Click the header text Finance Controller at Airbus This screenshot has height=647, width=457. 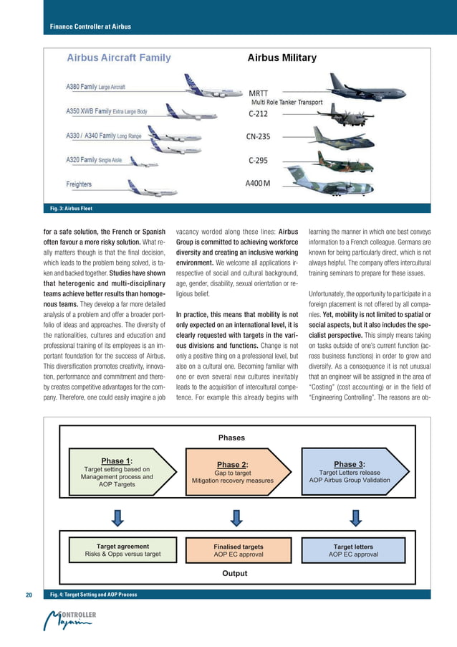tap(90, 27)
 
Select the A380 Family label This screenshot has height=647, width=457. tap(96, 88)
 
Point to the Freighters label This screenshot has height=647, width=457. tap(80, 184)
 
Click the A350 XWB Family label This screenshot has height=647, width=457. tap(107, 111)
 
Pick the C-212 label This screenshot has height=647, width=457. tap(259, 113)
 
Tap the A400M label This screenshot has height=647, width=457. tap(259, 184)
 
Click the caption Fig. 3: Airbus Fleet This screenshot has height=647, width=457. tap(72, 209)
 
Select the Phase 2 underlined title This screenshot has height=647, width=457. tap(231, 464)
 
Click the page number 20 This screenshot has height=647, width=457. tap(29, 595)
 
